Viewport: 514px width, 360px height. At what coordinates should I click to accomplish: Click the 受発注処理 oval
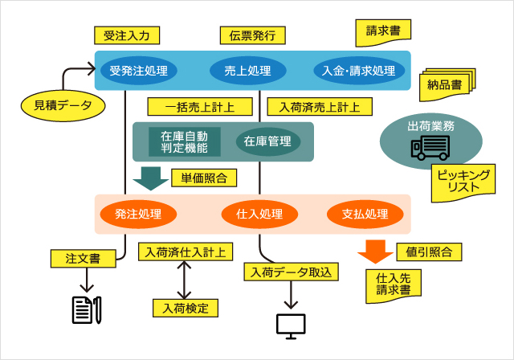tap(139, 71)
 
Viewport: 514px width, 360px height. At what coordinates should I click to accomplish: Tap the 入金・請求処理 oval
tap(358, 71)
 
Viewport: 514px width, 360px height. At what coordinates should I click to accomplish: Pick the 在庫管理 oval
tap(267, 141)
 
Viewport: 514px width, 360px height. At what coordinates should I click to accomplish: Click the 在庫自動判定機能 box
tap(184, 141)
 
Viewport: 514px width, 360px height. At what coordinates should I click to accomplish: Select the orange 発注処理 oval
tap(138, 215)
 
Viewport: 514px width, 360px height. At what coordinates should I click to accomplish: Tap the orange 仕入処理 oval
tap(259, 215)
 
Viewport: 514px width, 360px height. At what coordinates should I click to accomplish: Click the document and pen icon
tap(86, 309)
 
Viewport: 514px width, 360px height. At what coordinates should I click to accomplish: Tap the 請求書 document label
tap(383, 33)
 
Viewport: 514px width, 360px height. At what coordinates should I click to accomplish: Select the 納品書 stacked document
tap(444, 84)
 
